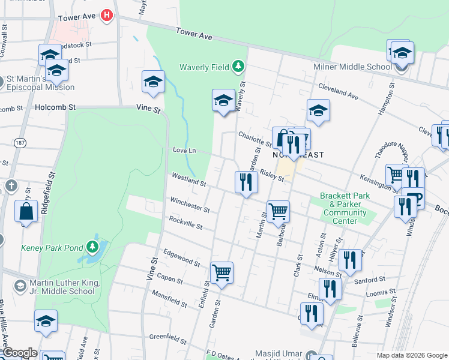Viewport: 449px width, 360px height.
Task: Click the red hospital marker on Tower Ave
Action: click(107, 15)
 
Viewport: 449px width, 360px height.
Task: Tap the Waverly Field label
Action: click(204, 67)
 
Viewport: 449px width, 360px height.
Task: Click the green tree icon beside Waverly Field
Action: click(238, 65)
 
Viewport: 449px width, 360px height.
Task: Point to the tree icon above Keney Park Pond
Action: click(92, 246)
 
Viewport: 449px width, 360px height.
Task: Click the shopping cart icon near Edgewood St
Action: click(222, 272)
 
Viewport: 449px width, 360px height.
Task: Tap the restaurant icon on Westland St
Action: click(246, 181)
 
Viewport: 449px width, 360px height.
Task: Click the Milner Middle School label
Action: click(352, 67)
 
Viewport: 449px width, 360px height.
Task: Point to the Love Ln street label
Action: click(184, 149)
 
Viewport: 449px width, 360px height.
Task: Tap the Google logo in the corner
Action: click(19, 353)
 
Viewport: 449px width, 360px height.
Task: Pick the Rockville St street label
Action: click(185, 224)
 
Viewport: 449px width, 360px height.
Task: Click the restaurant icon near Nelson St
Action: click(350, 260)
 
